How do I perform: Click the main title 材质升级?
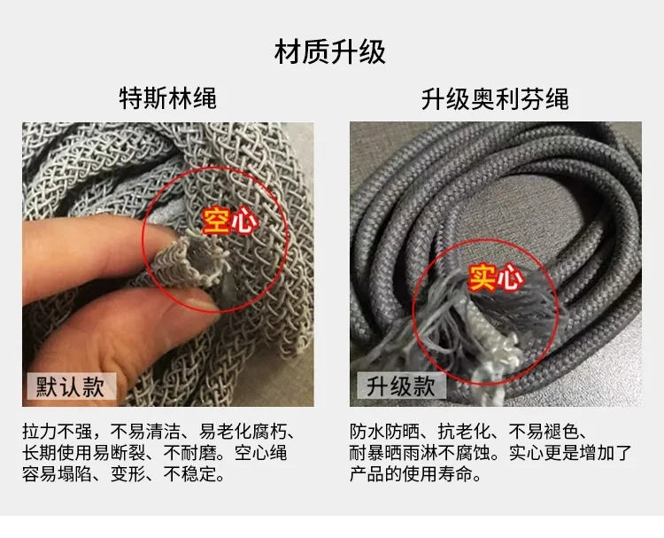[x=330, y=52]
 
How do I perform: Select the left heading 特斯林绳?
[x=168, y=98]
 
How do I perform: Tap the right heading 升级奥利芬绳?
[x=495, y=99]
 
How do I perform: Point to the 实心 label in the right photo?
[x=496, y=277]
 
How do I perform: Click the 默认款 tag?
[x=71, y=386]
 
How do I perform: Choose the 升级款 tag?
[x=400, y=386]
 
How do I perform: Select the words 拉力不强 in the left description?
[x=58, y=432]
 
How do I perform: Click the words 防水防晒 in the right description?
[x=384, y=432]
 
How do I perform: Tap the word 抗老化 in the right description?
[x=464, y=432]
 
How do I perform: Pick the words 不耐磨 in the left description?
[x=189, y=453]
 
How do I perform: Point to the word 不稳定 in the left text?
[x=189, y=474]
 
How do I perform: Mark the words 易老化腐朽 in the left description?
[x=243, y=432]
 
